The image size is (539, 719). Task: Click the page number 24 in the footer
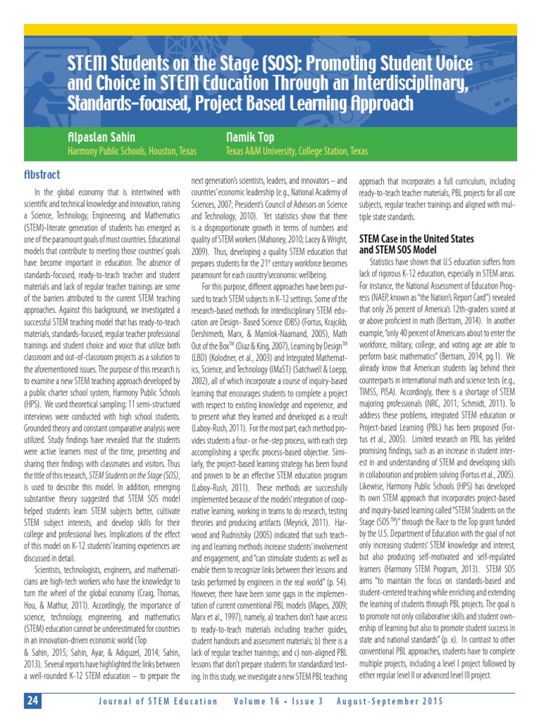[33, 701]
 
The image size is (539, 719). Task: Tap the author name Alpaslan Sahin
[100, 137]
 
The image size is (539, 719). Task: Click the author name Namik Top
[251, 137]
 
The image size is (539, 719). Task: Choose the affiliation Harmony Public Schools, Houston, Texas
[131, 151]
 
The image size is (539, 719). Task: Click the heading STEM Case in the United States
[416, 239]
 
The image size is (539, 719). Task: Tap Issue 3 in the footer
[304, 701]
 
